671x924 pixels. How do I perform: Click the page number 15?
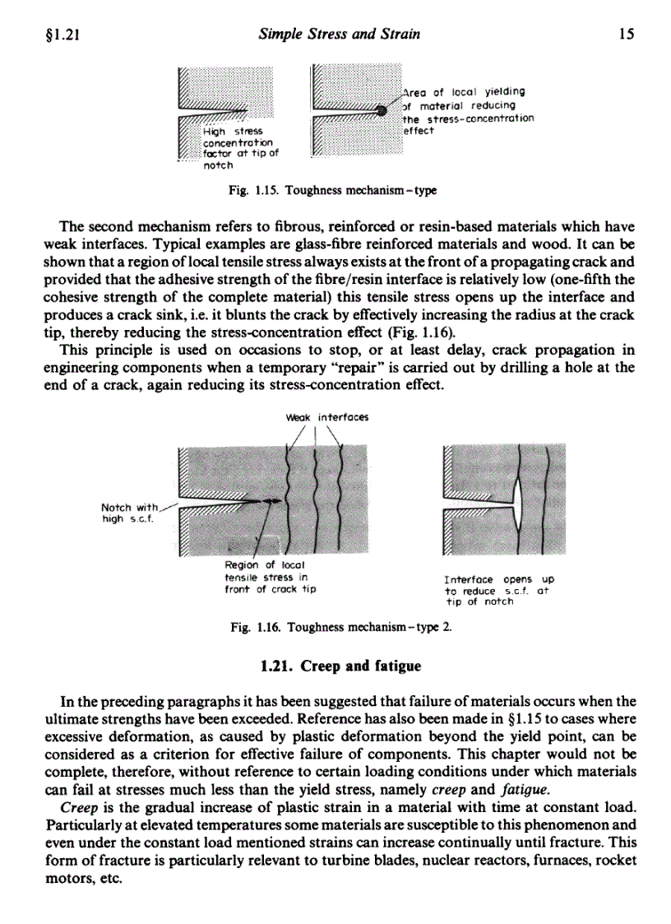tap(627, 35)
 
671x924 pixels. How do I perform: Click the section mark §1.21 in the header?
tap(58, 35)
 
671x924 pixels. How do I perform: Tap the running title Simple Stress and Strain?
tap(339, 35)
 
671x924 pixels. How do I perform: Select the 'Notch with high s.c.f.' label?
tap(131, 513)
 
